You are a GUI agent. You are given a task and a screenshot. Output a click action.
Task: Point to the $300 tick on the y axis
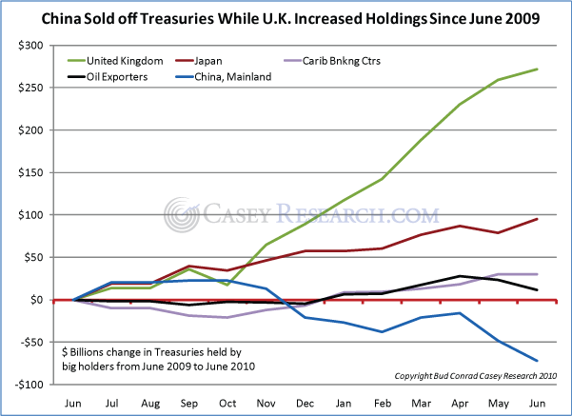[30, 46]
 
